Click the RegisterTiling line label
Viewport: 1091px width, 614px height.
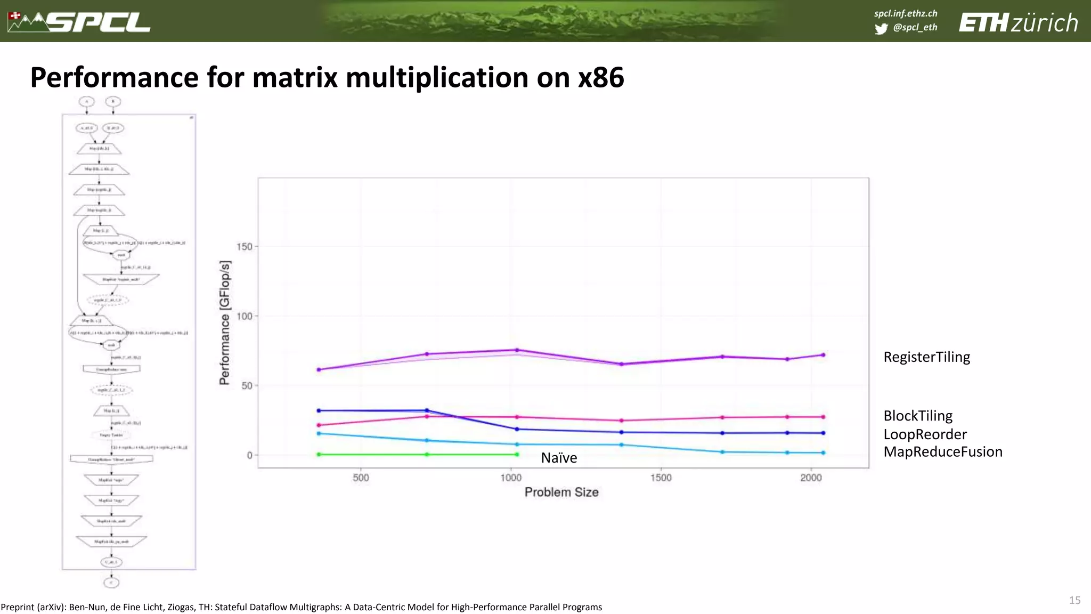926,357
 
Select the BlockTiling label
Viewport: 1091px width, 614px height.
917,416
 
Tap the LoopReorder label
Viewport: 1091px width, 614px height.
925,434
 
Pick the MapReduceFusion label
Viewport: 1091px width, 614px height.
942,452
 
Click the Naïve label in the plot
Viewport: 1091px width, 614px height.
559,458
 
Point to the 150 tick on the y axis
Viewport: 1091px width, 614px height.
244,247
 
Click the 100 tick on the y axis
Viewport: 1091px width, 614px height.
244,316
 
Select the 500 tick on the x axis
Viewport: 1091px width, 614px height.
361,478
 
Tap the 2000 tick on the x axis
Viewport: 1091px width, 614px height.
811,478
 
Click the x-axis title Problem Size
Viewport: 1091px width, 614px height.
561,492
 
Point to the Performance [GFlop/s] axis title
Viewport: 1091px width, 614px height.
225,323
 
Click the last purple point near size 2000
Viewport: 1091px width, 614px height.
823,355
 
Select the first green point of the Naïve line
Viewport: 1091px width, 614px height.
319,455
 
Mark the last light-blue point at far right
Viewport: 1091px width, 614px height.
823,453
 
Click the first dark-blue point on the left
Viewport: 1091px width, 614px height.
319,410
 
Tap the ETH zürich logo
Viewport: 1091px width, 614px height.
1018,23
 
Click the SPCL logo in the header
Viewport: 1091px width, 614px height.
80,22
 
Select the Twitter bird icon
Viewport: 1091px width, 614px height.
881,29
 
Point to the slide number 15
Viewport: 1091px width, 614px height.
1074,600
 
